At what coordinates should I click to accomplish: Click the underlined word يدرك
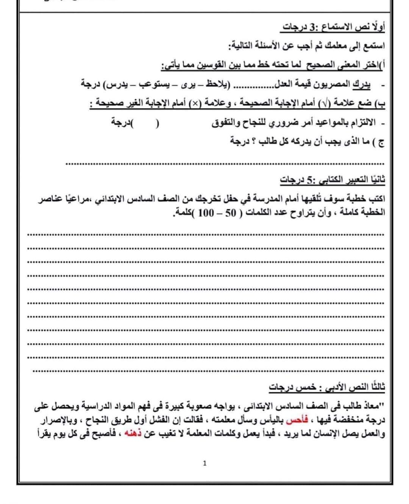[361, 84]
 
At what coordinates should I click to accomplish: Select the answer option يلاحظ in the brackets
[220, 84]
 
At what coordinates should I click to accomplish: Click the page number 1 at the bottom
[205, 463]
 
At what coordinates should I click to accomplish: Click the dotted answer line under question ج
[225, 164]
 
